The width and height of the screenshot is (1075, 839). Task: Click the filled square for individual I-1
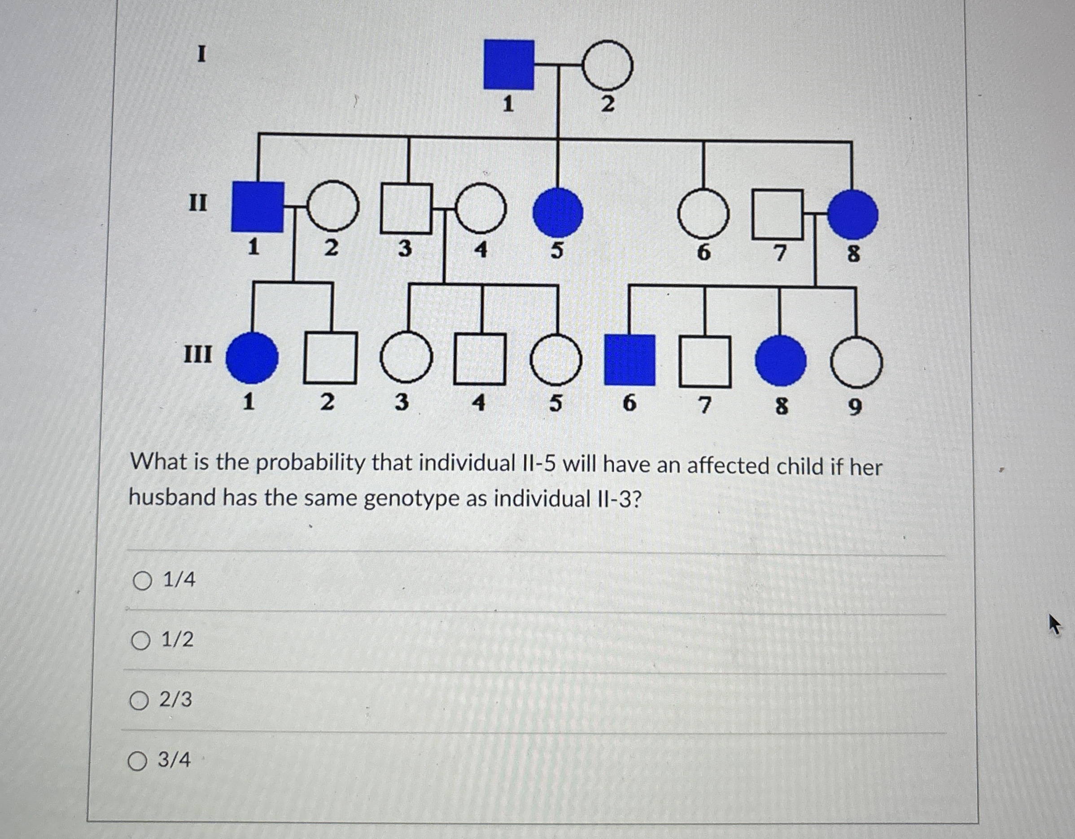pyautogui.click(x=508, y=65)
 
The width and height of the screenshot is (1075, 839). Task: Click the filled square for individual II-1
pyautogui.click(x=258, y=207)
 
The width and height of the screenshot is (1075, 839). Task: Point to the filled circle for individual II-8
pyautogui.click(x=852, y=214)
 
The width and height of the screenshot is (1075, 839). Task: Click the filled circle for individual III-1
pyautogui.click(x=252, y=358)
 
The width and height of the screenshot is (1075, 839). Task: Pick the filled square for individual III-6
pyautogui.click(x=629, y=360)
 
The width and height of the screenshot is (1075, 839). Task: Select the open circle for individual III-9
pyautogui.click(x=857, y=363)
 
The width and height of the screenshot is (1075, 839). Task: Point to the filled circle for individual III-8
pyautogui.click(x=781, y=361)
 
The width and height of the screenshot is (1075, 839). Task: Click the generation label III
pyautogui.click(x=198, y=354)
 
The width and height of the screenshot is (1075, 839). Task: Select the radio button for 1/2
pyautogui.click(x=141, y=641)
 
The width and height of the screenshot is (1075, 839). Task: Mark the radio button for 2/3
pyautogui.click(x=139, y=701)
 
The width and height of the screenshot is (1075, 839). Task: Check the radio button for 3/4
pyautogui.click(x=137, y=761)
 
